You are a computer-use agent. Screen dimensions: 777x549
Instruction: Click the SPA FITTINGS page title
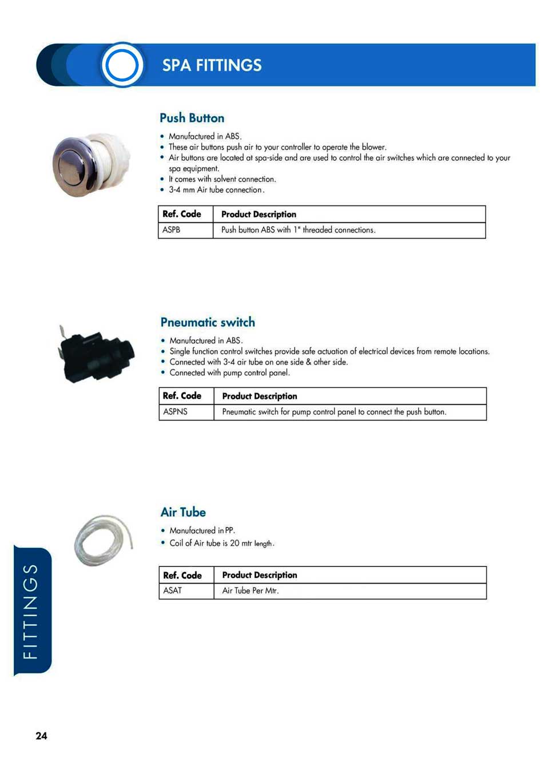pyautogui.click(x=212, y=65)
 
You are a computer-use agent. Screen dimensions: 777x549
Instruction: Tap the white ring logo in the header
pyautogui.click(x=122, y=65)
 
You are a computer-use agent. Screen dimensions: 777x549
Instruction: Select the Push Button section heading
pyautogui.click(x=192, y=118)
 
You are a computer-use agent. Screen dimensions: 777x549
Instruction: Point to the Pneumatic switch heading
pyautogui.click(x=208, y=322)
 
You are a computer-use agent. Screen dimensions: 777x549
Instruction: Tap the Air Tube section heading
pyautogui.click(x=183, y=512)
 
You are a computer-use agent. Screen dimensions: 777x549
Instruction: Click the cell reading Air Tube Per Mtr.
pyautogui.click(x=250, y=590)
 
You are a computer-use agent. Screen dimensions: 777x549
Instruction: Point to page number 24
pyautogui.click(x=41, y=736)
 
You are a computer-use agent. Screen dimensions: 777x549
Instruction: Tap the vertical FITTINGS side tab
pyautogui.click(x=32, y=610)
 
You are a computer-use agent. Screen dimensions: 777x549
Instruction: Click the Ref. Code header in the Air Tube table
pyautogui.click(x=182, y=575)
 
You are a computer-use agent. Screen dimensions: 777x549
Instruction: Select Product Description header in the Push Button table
pyautogui.click(x=258, y=215)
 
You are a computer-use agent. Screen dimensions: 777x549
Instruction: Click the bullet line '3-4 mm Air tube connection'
pyautogui.click(x=216, y=190)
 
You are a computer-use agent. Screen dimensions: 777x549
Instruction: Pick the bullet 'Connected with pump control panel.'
pyautogui.click(x=229, y=372)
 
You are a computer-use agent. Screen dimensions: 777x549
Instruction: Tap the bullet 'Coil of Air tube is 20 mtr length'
pyautogui.click(x=221, y=543)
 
